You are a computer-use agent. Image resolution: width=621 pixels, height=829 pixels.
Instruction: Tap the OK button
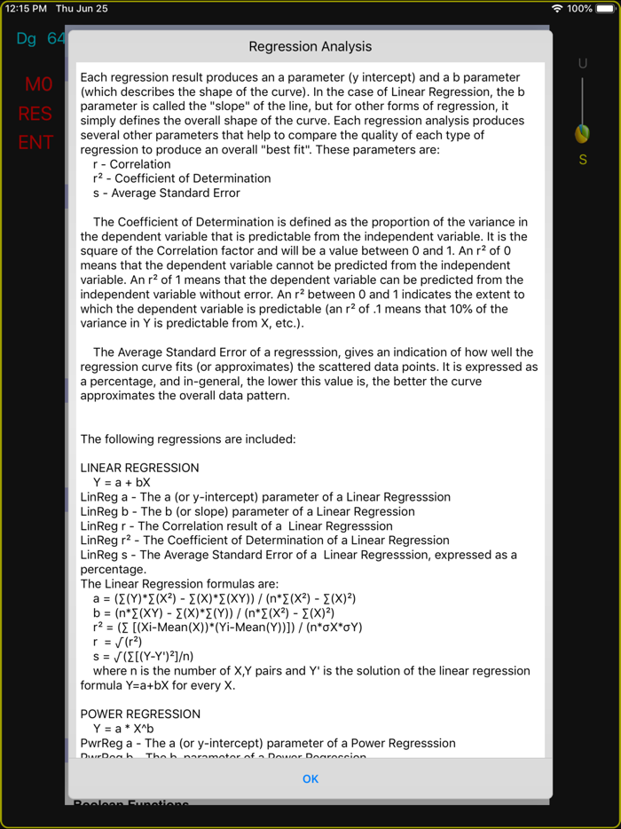tap(310, 778)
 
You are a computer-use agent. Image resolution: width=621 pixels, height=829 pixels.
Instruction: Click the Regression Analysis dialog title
tap(310, 46)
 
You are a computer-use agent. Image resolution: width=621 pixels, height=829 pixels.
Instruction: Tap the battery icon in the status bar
tap(606, 8)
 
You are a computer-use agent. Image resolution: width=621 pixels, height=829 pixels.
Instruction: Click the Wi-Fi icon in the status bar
tap(557, 8)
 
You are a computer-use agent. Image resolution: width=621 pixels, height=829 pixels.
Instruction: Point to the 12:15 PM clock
tap(26, 8)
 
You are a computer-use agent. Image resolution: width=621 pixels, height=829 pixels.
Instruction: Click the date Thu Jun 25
tap(82, 8)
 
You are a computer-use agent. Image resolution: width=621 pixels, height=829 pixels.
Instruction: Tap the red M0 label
tap(38, 84)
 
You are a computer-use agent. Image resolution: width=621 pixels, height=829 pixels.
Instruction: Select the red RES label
tap(35, 114)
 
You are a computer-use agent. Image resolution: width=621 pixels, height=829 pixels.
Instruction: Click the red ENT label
tap(35, 142)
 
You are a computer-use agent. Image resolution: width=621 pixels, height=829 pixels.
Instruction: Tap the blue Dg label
tap(27, 39)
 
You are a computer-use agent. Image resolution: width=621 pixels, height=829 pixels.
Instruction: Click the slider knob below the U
tap(582, 133)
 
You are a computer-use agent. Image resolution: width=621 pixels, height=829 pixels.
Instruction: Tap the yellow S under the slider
tap(583, 160)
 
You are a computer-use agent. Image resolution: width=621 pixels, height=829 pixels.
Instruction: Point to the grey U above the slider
tap(583, 63)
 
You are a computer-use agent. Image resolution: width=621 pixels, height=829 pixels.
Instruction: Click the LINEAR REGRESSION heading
tap(139, 468)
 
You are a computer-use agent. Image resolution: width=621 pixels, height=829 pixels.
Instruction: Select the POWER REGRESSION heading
tap(140, 714)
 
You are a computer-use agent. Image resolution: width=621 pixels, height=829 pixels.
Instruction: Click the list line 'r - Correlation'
tap(131, 164)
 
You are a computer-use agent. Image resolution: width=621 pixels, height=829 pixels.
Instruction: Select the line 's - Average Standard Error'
tap(166, 193)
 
